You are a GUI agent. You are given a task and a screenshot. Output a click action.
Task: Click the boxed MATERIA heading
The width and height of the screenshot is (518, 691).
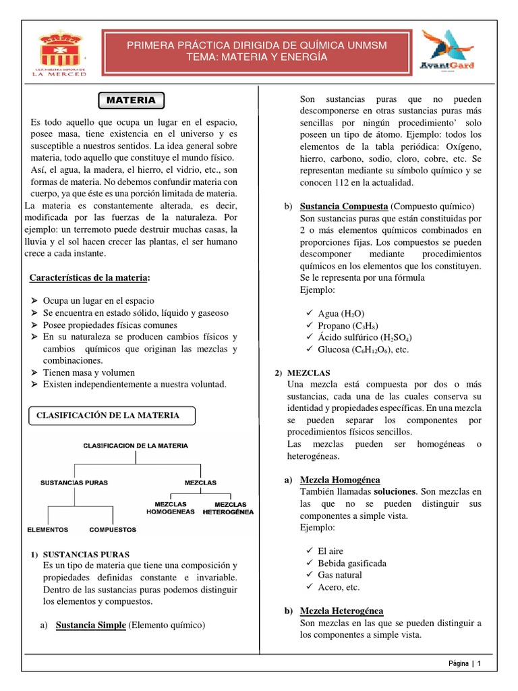132,100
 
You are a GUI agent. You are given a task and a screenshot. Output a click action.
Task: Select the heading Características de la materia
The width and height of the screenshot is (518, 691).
90,278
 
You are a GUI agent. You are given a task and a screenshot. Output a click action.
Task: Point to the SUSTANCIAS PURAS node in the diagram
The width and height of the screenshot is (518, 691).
74,482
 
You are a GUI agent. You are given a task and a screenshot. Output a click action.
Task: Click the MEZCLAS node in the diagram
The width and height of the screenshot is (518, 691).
200,482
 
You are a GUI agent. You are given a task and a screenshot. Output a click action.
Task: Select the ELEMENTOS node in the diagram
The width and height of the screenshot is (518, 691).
47,529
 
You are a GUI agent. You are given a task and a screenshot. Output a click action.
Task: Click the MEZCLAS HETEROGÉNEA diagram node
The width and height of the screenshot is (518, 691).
228,507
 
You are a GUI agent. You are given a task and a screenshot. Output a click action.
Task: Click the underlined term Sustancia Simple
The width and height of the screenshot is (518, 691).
90,625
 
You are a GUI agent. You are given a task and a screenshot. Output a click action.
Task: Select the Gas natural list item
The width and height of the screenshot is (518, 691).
339,575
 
